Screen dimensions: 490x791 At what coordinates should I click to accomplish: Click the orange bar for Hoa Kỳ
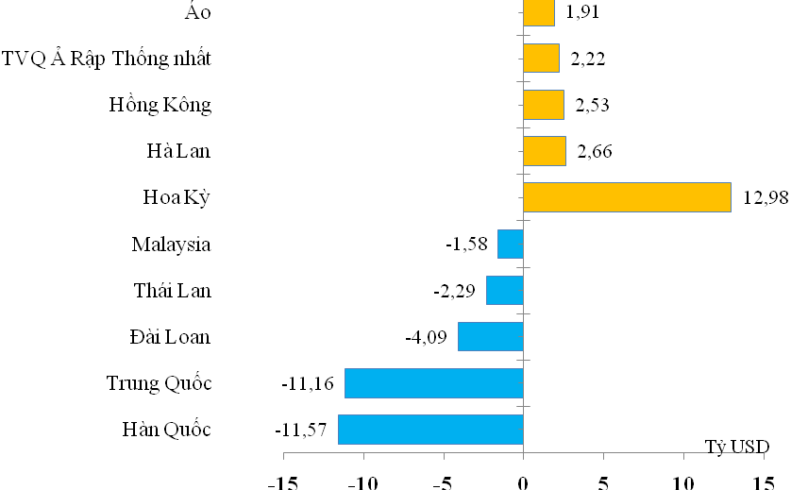click(x=627, y=197)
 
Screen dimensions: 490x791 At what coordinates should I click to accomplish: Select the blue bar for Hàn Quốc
click(x=430, y=430)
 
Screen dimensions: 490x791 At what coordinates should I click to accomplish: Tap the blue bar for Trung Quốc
click(x=434, y=383)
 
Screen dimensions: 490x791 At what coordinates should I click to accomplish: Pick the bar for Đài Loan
click(x=490, y=337)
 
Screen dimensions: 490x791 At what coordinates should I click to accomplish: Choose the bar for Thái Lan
click(x=504, y=291)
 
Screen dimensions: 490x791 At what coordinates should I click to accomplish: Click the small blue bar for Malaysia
click(x=510, y=245)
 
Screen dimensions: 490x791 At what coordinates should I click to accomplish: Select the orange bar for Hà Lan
click(x=545, y=151)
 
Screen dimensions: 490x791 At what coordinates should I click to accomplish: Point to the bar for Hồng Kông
click(x=544, y=105)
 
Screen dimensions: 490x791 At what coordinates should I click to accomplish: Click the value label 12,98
click(x=766, y=198)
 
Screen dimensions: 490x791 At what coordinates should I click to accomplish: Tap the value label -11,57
click(x=300, y=431)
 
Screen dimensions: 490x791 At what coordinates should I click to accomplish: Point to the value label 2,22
click(x=586, y=59)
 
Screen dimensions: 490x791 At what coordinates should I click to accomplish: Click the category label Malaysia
click(x=171, y=245)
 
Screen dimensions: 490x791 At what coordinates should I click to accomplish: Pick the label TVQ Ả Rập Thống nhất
click(x=107, y=59)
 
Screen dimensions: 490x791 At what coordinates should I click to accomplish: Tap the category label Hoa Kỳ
click(x=177, y=198)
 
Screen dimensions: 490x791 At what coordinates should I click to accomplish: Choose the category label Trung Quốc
click(x=159, y=383)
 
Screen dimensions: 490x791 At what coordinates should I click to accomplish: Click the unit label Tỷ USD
click(x=736, y=446)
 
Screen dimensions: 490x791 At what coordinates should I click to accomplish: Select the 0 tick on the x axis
click(x=523, y=482)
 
